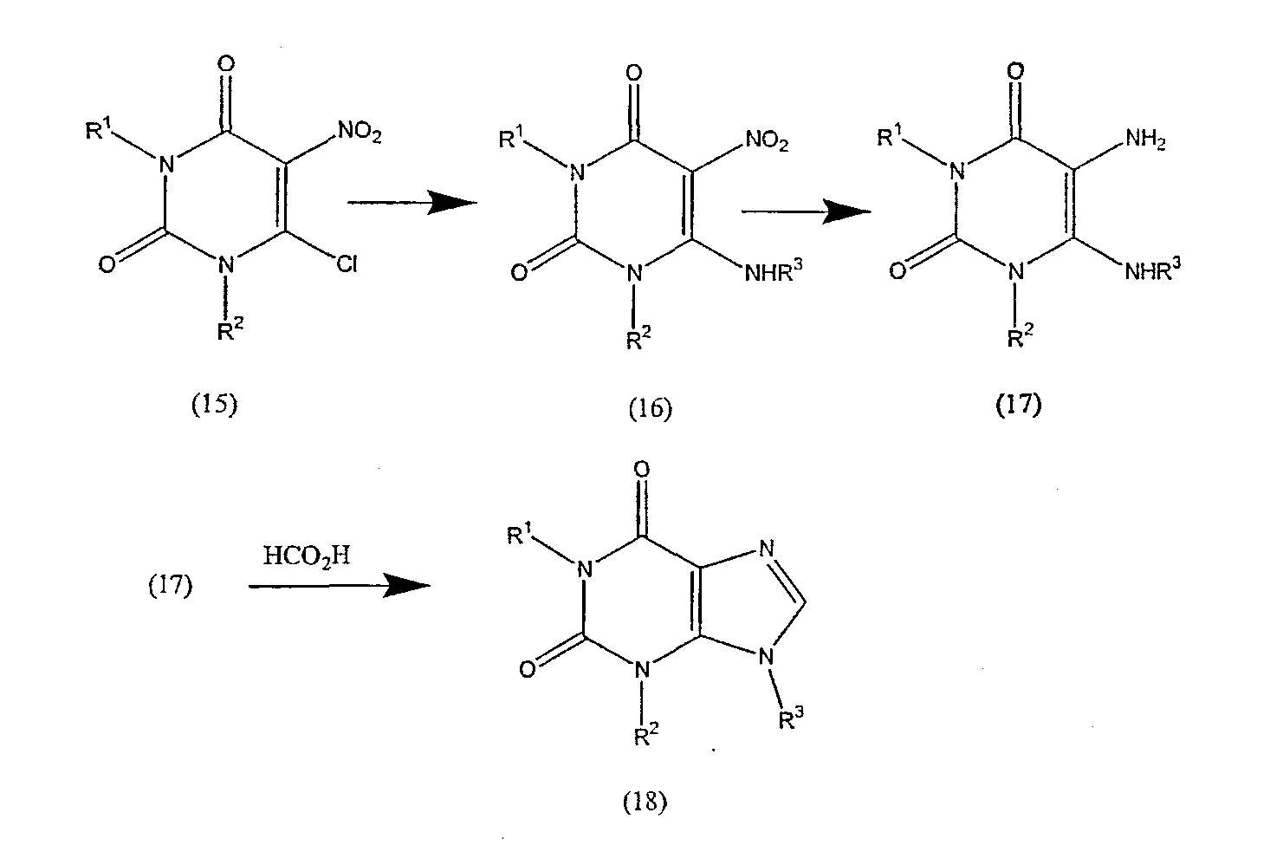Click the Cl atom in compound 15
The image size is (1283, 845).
click(x=346, y=264)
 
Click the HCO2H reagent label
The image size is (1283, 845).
click(x=307, y=556)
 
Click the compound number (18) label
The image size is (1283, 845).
click(x=645, y=802)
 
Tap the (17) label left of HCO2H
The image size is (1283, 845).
click(x=169, y=587)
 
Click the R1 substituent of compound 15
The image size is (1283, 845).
click(x=100, y=130)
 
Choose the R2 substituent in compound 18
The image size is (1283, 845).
click(x=645, y=736)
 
